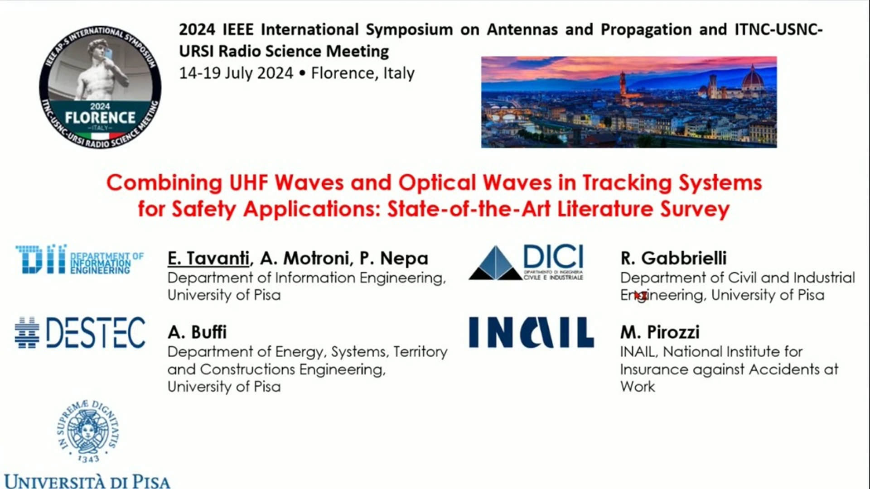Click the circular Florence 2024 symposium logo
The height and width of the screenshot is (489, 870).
(100, 87)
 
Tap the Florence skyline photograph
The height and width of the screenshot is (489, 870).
(629, 102)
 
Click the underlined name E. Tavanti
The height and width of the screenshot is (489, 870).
(208, 259)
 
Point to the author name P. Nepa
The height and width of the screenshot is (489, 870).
(394, 259)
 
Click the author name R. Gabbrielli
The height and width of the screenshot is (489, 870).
(673, 258)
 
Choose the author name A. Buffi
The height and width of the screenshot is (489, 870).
(197, 332)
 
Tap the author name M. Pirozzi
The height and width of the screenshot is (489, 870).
(660, 332)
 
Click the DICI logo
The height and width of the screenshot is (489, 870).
(527, 262)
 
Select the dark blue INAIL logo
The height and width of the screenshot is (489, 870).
(531, 332)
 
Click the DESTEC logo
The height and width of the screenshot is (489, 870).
(80, 332)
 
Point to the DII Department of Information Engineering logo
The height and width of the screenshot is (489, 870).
(79, 259)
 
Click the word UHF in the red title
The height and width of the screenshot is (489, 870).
(248, 183)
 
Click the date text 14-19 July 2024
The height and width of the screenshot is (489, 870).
(236, 73)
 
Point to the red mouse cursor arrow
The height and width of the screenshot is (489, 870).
(640, 296)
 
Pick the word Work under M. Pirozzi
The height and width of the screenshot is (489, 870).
(638, 387)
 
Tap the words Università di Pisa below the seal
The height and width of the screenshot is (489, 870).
(87, 481)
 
